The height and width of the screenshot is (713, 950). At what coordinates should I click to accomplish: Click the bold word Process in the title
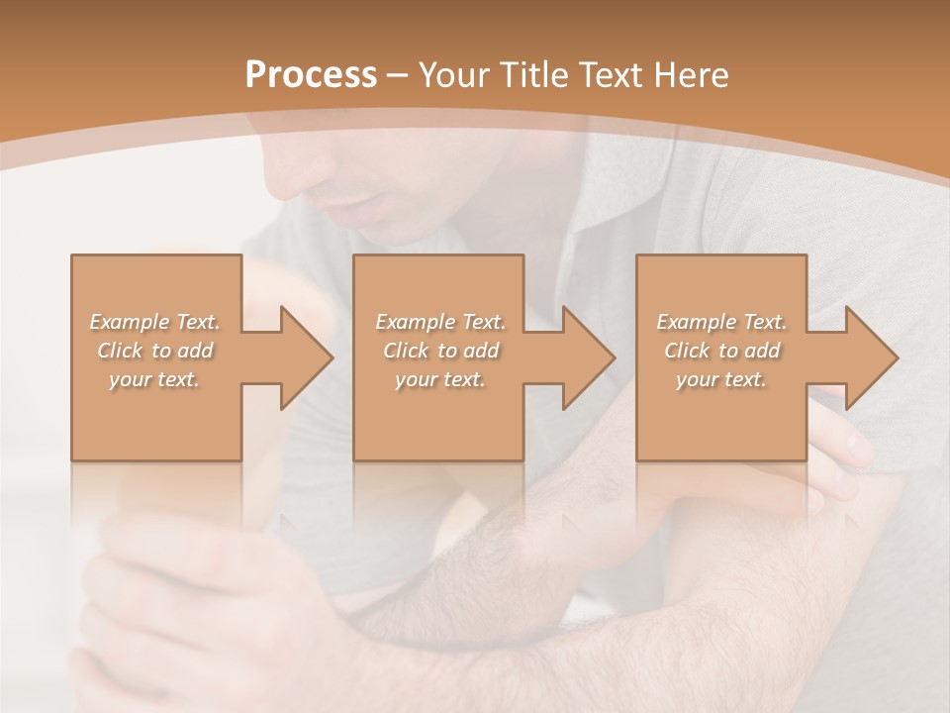(x=311, y=75)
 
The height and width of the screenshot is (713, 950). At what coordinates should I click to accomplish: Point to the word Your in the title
(x=452, y=75)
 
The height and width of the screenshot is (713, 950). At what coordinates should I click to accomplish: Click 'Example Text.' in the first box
(x=155, y=322)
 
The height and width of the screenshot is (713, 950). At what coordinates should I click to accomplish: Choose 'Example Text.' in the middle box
(x=440, y=322)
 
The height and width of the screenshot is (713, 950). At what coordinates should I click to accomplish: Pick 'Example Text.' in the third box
(x=721, y=322)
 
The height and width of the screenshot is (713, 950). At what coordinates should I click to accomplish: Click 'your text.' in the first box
(x=154, y=379)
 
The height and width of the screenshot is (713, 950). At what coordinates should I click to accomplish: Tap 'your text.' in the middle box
(x=439, y=379)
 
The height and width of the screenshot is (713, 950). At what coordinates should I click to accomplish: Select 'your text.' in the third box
(x=720, y=379)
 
